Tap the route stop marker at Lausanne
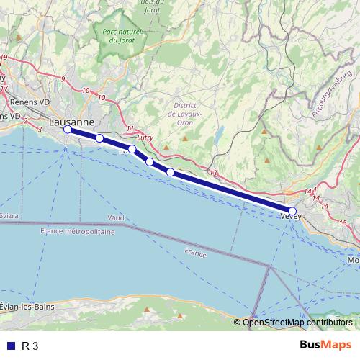coord(67,130)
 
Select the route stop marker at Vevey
coord(292,211)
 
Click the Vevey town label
coord(289,215)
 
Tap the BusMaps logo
coord(325,345)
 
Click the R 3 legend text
coord(30,346)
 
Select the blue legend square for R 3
coord(11,346)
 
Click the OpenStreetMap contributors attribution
coord(297,323)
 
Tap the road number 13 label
coord(213,173)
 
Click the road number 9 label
coord(63,78)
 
